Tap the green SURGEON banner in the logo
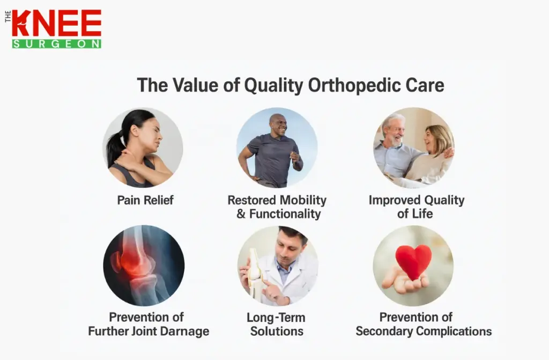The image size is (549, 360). click(57, 43)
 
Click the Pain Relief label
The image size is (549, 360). click(145, 201)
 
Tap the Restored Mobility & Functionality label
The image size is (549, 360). click(277, 207)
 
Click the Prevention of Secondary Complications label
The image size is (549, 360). click(424, 324)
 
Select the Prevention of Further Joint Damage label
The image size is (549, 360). click(149, 324)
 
